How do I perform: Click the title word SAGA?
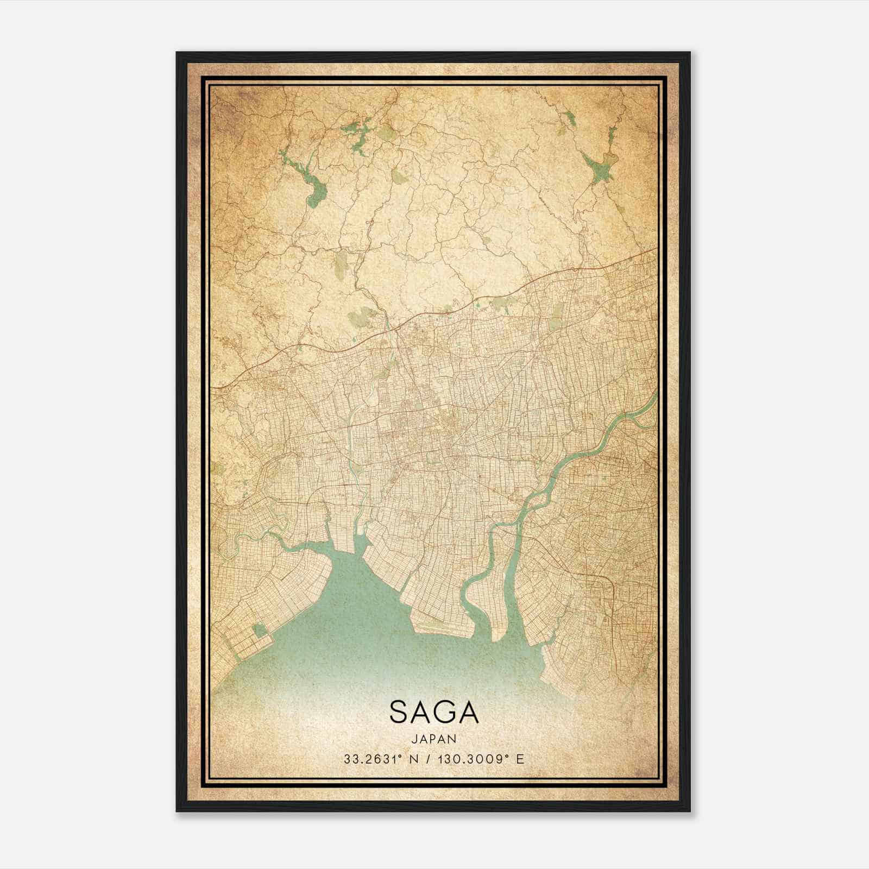click(434, 711)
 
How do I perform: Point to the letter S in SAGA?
click(399, 711)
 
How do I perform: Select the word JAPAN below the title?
click(434, 739)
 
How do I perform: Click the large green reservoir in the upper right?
click(600, 166)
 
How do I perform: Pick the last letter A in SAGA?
click(468, 711)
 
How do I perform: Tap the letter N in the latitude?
click(413, 759)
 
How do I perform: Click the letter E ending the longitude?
click(520, 759)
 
